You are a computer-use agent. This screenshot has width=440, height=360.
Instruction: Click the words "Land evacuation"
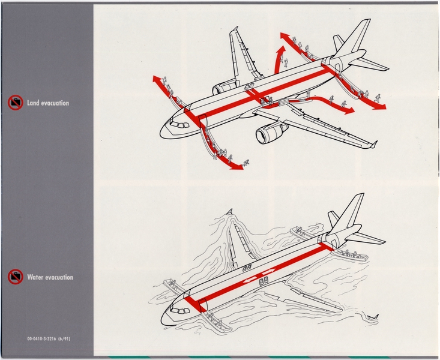point(48,103)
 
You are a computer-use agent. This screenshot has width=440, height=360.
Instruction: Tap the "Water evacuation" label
point(50,277)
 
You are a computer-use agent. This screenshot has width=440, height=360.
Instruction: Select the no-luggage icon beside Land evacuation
point(15,103)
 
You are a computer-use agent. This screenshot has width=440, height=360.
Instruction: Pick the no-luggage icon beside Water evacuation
point(15,277)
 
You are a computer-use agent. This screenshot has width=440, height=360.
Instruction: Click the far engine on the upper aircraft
point(225,88)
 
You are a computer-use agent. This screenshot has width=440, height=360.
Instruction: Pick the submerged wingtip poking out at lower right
point(373,316)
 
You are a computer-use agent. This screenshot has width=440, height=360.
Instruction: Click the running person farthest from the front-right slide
point(246,162)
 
